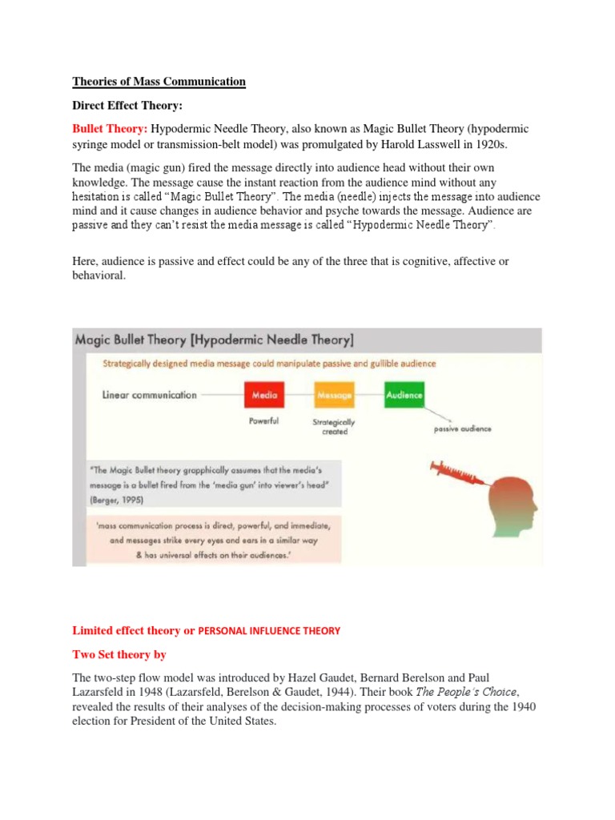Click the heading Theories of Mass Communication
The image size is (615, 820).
pos(159,82)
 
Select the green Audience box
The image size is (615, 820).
pos(404,395)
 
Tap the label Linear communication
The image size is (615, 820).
pos(149,395)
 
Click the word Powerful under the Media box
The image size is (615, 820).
pos(263,421)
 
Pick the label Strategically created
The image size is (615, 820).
pos(334,427)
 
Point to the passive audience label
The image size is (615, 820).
pos(463,428)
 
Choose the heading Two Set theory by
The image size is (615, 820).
pos(119,654)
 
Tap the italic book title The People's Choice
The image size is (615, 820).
pos(479,693)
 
